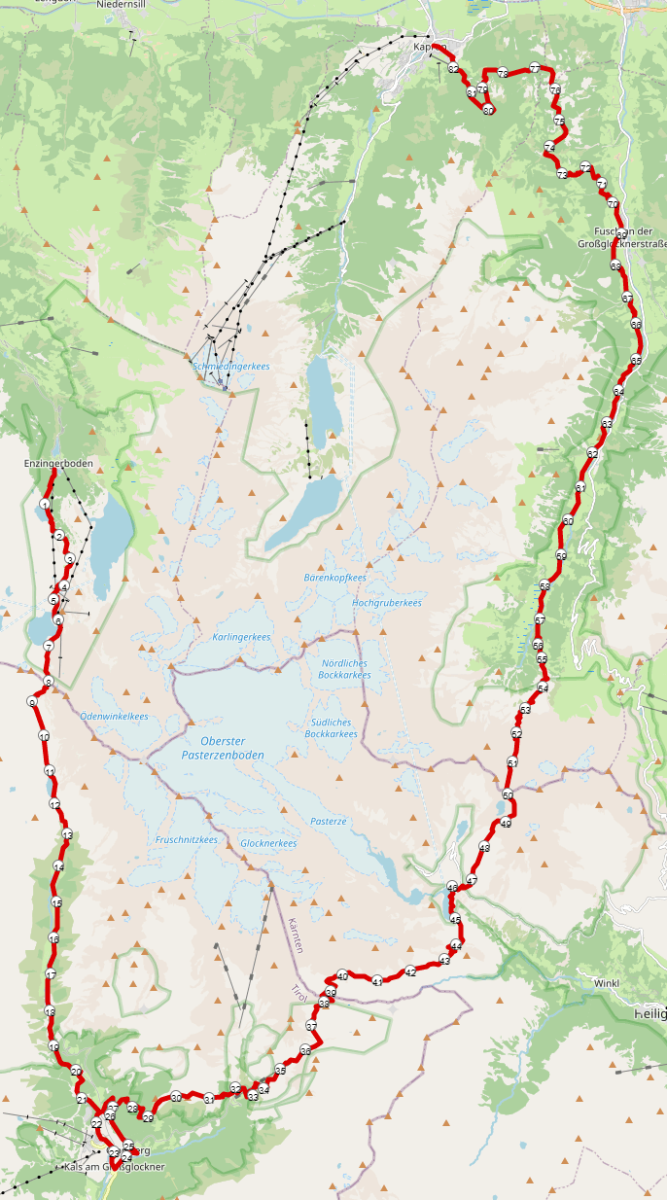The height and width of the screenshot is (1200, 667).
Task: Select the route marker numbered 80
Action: (488, 110)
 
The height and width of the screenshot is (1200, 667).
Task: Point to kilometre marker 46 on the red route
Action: (453, 888)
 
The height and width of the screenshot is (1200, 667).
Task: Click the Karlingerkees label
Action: (242, 637)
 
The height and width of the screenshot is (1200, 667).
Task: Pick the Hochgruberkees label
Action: (386, 603)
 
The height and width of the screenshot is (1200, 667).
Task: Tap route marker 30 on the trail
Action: (176, 1097)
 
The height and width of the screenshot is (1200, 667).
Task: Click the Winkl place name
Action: (606, 983)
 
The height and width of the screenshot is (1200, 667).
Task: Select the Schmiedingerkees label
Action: (231, 367)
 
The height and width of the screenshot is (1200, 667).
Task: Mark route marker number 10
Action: (44, 737)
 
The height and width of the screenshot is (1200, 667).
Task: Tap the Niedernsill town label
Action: (123, 5)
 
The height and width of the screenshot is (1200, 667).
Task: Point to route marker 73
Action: (562, 174)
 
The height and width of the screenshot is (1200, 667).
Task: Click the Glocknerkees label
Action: (268, 843)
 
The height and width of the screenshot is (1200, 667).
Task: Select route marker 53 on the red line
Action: (525, 709)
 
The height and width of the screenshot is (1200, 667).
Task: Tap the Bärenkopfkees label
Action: (334, 578)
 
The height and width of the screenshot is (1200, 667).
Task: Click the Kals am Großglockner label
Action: (112, 1167)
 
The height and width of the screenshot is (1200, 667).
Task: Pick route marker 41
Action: (377, 982)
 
